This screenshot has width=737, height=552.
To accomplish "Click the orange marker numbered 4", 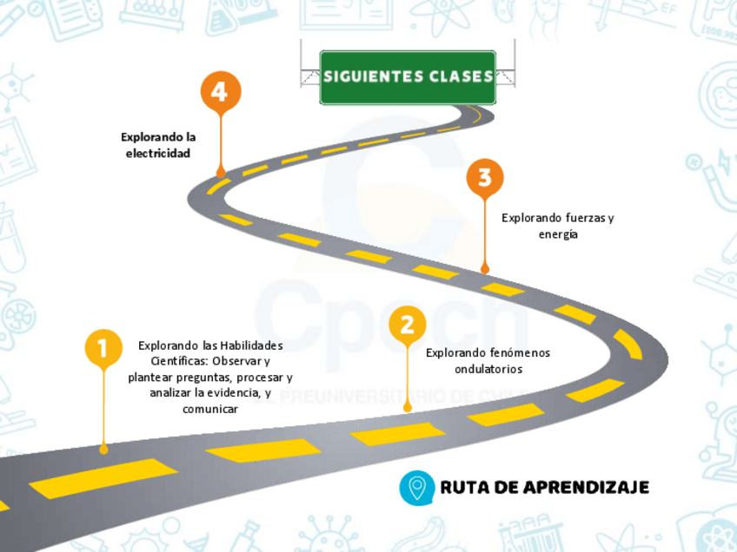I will pos(221,91).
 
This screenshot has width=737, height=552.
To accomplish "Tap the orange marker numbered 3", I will pos(485,178).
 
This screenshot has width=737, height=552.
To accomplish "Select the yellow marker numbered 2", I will pos(407,325).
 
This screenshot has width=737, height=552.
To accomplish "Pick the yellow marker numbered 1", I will pos(103,348).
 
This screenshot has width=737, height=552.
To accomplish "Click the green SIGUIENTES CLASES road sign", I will pos(408,76).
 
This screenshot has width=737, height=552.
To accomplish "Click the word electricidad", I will pos(157,153).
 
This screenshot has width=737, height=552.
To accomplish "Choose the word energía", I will pos(558,234).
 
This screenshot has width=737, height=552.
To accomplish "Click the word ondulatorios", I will pos(488,369).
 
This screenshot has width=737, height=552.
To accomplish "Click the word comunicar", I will pos(210,409).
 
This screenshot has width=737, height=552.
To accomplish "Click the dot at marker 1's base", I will pos(104,449).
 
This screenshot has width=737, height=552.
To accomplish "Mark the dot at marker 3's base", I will pos(485,269).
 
